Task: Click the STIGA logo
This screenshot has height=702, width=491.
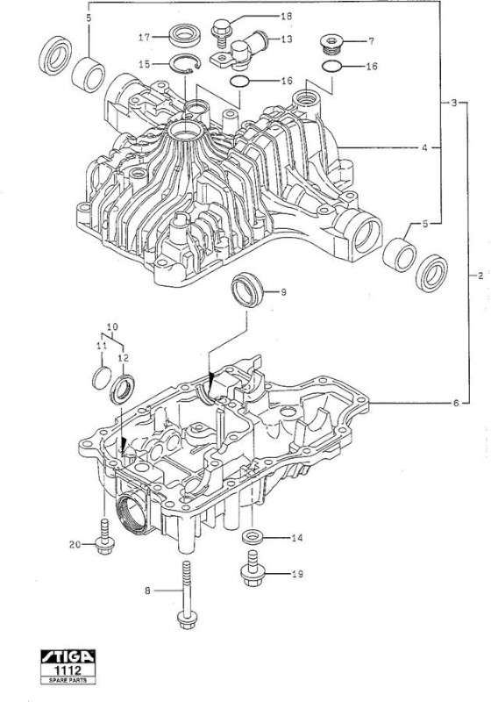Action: pyautogui.click(x=68, y=656)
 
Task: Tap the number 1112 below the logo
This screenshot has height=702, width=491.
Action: pyautogui.click(x=68, y=670)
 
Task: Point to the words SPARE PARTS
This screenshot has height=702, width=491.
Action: pyautogui.click(x=68, y=680)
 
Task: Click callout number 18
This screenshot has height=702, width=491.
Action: pyautogui.click(x=286, y=17)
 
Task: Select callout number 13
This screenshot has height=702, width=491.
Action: pyautogui.click(x=286, y=39)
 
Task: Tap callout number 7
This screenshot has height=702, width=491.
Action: pyautogui.click(x=371, y=41)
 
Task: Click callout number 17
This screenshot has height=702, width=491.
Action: pyautogui.click(x=144, y=37)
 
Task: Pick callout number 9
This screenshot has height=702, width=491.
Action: pyautogui.click(x=283, y=292)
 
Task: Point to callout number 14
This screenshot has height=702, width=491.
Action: pyautogui.click(x=297, y=537)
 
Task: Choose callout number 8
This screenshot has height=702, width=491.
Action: pyautogui.click(x=147, y=591)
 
